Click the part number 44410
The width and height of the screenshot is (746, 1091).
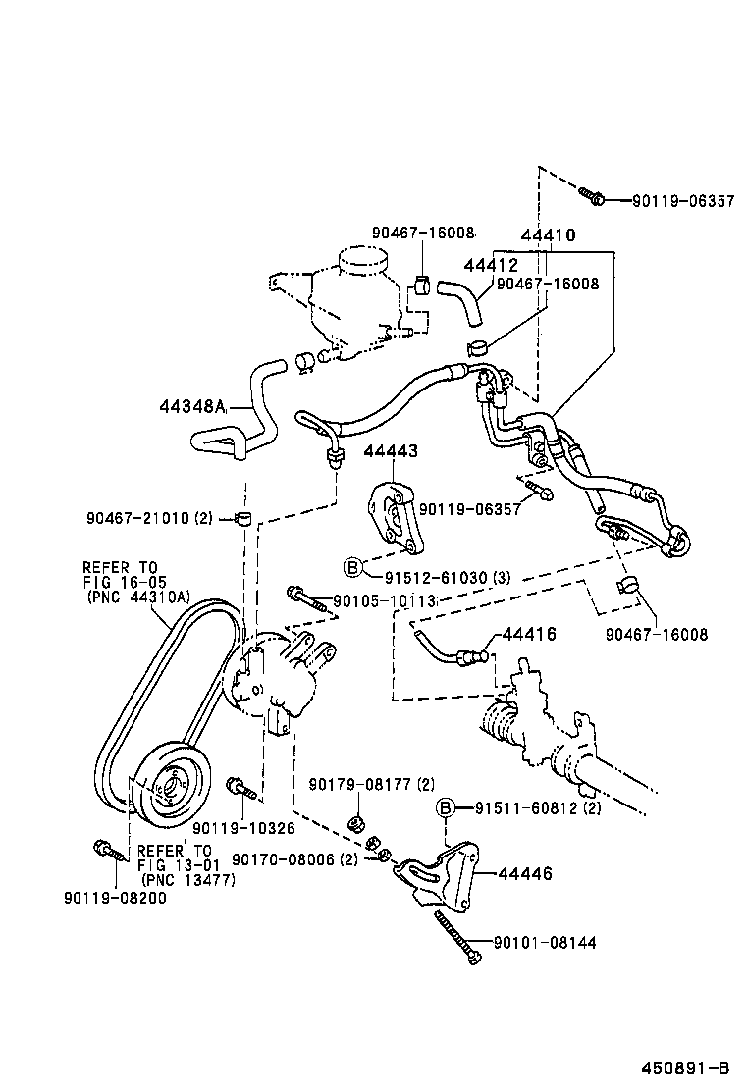tap(548, 235)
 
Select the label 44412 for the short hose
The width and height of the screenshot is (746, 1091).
tap(491, 266)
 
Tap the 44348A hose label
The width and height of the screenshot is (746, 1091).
tap(192, 406)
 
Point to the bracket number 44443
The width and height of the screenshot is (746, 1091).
tap(391, 451)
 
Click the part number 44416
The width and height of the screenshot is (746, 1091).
tap(529, 635)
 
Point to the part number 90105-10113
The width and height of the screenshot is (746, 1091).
tap(383, 601)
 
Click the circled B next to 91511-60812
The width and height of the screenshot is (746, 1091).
tap(445, 807)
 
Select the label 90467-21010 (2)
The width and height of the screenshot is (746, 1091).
tap(149, 517)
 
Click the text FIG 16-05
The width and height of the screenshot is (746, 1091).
tap(120, 581)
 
